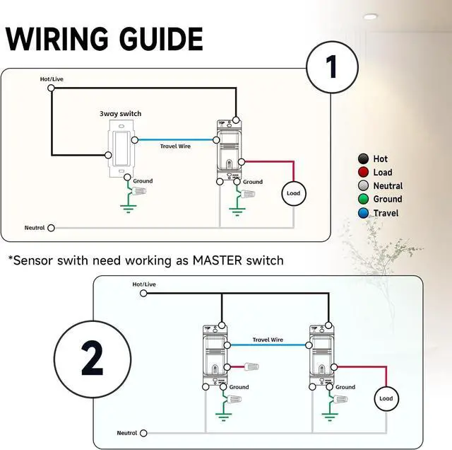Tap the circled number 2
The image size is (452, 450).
(x=93, y=360)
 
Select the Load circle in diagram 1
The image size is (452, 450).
(x=292, y=192)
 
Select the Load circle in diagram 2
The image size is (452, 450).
(x=386, y=398)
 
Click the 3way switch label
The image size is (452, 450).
(x=121, y=113)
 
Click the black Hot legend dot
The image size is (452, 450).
(x=363, y=158)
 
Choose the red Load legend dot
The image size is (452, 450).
(x=363, y=172)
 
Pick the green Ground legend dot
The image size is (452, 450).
(x=363, y=199)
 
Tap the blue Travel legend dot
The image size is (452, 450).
(x=363, y=212)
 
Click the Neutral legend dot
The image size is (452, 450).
(x=363, y=185)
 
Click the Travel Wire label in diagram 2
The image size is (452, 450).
(x=268, y=340)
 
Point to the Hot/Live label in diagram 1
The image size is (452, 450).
(x=52, y=79)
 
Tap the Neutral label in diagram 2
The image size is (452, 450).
(x=127, y=432)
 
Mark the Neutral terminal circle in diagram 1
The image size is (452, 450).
(x=51, y=228)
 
